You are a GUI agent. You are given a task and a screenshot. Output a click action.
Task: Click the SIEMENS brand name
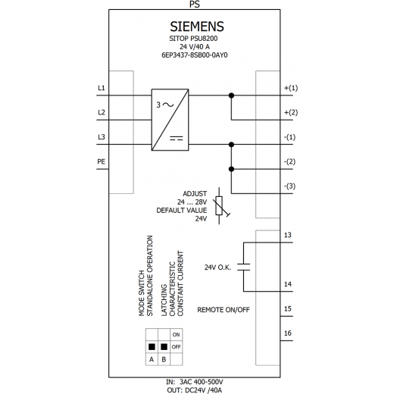(197, 27)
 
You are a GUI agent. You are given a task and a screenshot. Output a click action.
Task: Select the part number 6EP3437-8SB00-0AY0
(195, 55)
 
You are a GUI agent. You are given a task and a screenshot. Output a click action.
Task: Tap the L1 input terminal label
(102, 88)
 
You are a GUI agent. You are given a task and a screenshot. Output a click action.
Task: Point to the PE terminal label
(101, 161)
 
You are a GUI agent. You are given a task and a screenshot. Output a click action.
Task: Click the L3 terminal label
(102, 137)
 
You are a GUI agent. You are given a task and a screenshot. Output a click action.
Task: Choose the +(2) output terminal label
(291, 112)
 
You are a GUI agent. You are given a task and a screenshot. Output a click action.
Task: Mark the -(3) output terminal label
(289, 186)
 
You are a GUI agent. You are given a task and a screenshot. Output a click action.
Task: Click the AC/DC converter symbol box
(170, 120)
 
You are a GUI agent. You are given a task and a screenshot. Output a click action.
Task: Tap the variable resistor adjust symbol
(219, 206)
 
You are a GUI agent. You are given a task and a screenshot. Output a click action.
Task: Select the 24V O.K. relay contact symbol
(244, 267)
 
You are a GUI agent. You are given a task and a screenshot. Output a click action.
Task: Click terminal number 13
(288, 235)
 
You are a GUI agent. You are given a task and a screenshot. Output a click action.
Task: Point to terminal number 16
(288, 333)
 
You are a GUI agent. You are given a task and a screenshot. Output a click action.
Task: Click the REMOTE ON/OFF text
(224, 310)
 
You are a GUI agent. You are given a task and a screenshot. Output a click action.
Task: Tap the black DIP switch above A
(152, 347)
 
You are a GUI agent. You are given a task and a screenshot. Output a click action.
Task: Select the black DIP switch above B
(164, 347)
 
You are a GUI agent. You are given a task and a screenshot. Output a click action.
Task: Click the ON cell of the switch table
(177, 335)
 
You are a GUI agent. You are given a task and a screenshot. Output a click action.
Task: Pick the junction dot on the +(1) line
(231, 95)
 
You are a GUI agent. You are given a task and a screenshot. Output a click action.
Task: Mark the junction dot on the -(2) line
(231, 169)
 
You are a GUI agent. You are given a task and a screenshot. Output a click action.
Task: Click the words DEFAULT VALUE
(182, 211)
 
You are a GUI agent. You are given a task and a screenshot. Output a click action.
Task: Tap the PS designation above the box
(195, 5)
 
